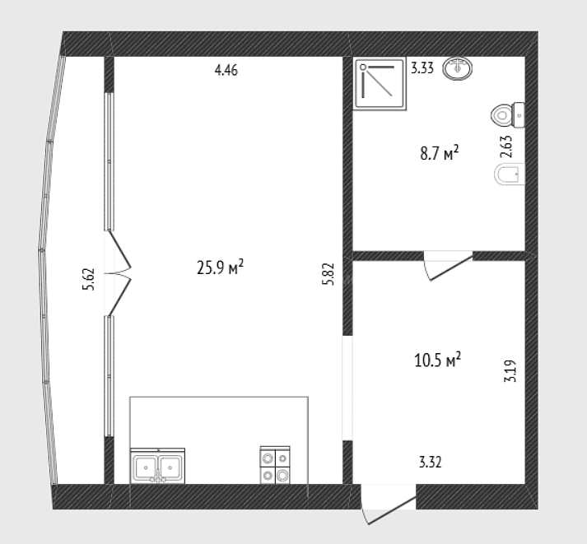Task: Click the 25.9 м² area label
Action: point(220,267)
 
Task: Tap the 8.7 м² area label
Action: point(439,152)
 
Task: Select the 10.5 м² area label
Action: point(438,360)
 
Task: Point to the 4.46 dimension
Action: point(226,70)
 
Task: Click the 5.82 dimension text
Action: point(328,274)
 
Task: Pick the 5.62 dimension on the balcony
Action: point(89,279)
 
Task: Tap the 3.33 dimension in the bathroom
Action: point(422,68)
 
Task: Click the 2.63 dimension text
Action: point(506,146)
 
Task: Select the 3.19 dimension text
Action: point(510,371)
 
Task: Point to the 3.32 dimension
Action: point(430,463)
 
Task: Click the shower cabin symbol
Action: point(380,84)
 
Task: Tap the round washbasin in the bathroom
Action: point(457,68)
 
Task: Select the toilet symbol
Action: point(508,115)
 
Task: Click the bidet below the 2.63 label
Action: point(510,174)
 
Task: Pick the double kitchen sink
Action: point(157,466)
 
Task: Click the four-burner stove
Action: point(275,465)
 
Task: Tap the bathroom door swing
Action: point(448,266)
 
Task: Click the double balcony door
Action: point(118,273)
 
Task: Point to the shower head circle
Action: point(363,67)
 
